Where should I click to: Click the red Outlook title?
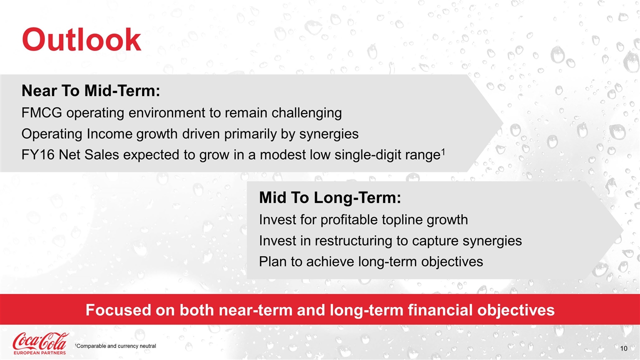pos(81,39)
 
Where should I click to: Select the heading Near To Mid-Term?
pos(91,91)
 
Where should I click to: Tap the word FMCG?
pos(41,113)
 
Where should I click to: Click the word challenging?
pos(306,113)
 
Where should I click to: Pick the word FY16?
pos(38,155)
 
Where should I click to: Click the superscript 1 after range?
pos(443,151)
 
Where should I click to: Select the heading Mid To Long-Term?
pos(330,197)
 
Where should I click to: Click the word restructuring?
pos(353,241)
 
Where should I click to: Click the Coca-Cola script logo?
pos(40,341)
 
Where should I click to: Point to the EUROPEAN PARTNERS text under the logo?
pos(39,352)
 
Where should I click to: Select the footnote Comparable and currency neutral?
pos(115,346)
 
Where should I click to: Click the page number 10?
pos(623,348)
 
